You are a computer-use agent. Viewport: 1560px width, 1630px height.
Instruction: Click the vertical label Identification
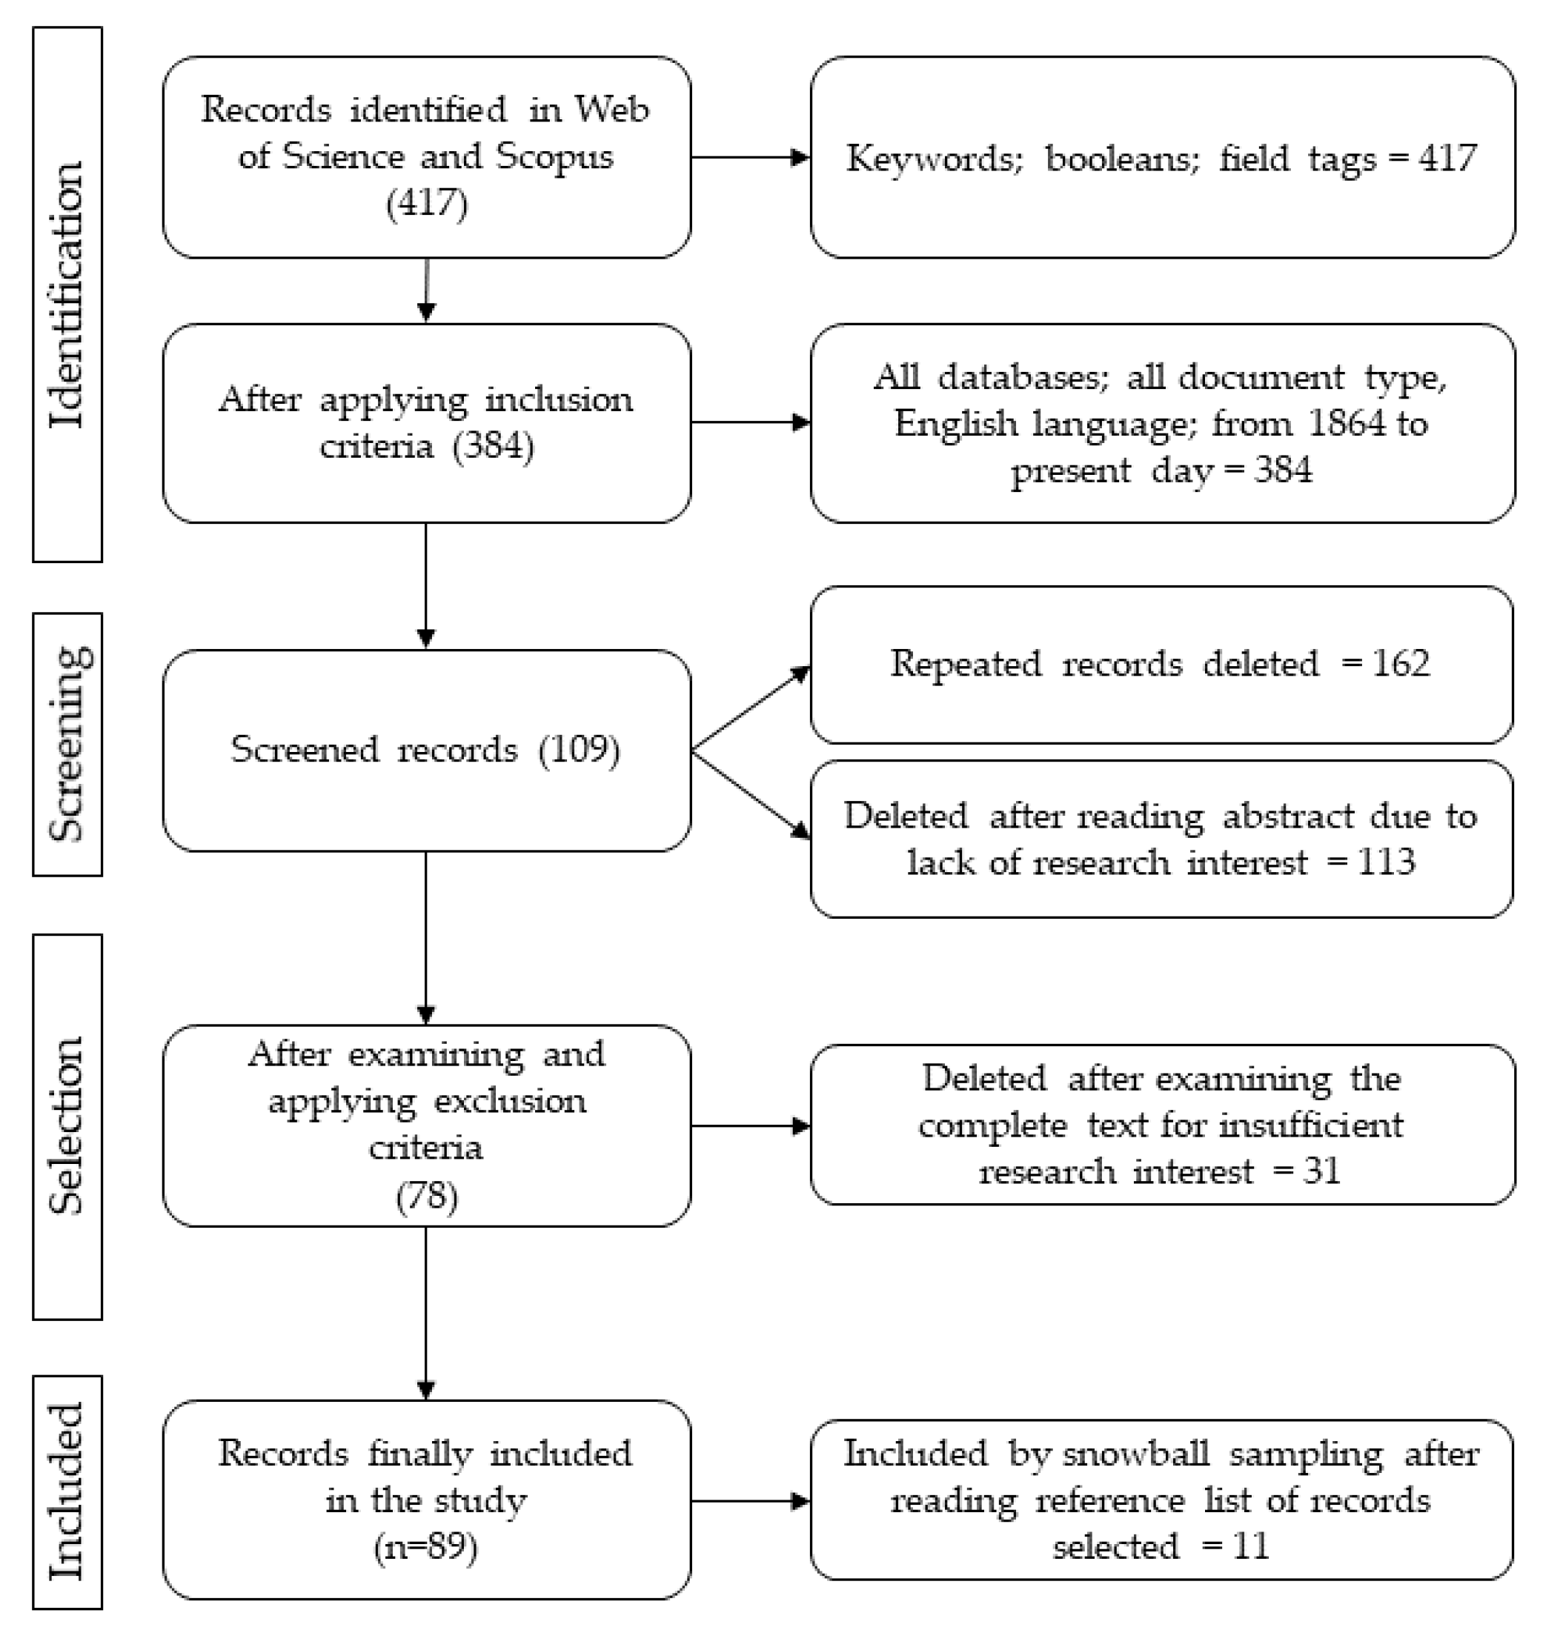pyautogui.click(x=67, y=294)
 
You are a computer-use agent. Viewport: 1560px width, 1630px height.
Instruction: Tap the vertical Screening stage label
pyautogui.click(x=68, y=744)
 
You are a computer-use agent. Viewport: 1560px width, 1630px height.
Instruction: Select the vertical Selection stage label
pyautogui.click(x=67, y=1126)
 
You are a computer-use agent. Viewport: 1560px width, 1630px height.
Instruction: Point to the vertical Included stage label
pyautogui.click(x=67, y=1491)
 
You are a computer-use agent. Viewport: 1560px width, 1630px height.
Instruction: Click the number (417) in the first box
pyautogui.click(x=427, y=202)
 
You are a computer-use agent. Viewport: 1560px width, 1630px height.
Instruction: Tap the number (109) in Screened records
pyautogui.click(x=579, y=750)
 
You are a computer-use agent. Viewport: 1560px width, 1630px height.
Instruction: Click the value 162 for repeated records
pyautogui.click(x=1401, y=663)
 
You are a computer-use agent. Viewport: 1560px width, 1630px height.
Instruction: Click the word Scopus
pyautogui.click(x=554, y=157)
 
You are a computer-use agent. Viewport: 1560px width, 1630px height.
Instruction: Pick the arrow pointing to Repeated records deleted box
pyautogui.click(x=751, y=709)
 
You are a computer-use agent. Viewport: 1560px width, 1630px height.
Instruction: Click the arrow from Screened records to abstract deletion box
pyautogui.click(x=751, y=794)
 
